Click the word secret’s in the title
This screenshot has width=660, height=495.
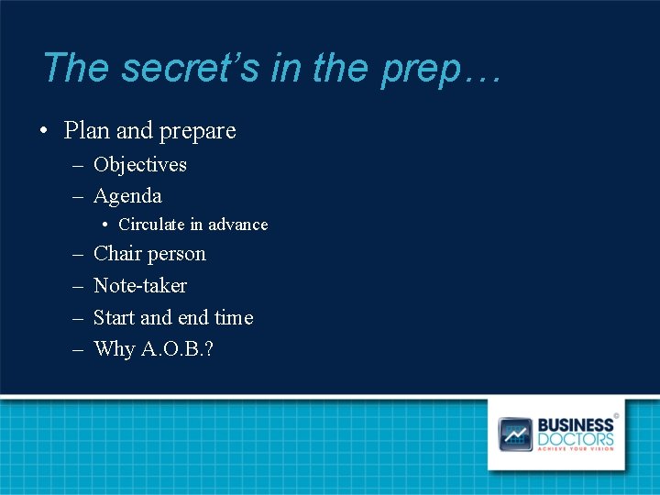coord(190,68)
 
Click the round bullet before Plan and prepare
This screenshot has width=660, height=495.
coord(43,132)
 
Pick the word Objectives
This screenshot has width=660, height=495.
coord(140,165)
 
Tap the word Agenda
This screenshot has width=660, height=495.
coord(127,197)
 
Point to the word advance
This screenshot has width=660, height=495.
coord(237,225)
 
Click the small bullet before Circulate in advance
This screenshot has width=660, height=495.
coord(106,225)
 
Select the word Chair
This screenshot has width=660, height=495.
coord(115,254)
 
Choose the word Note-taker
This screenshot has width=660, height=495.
coord(140,286)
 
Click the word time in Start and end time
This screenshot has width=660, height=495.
coord(234,318)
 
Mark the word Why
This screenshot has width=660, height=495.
coord(114,350)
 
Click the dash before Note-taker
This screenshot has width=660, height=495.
coord(75,286)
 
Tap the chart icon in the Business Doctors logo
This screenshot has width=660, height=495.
coord(515,434)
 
